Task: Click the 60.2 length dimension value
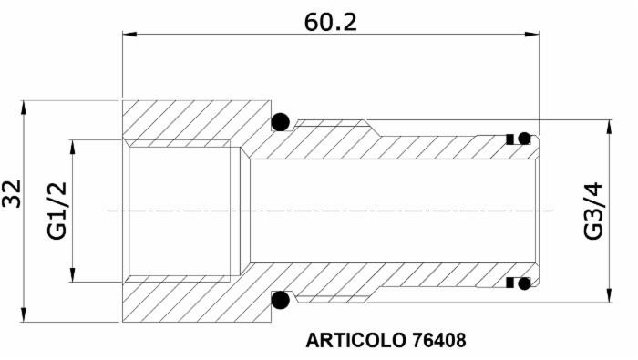(330, 21)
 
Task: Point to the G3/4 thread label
(593, 211)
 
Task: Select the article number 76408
(438, 342)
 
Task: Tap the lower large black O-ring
(280, 300)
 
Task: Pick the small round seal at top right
(525, 139)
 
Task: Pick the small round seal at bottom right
(525, 283)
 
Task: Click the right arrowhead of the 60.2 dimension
(533, 36)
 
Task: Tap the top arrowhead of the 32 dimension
(24, 106)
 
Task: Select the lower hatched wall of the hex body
(182, 301)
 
